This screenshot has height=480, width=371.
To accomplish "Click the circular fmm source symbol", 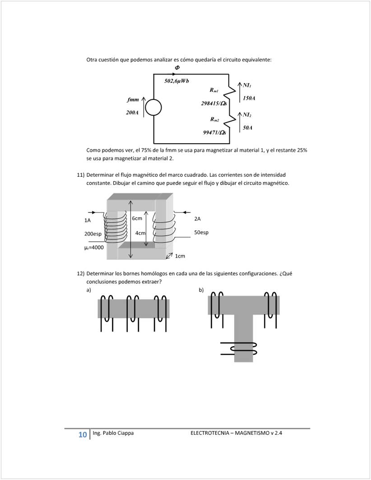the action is click(153, 108).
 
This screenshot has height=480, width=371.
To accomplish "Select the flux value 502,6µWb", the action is click(176, 81).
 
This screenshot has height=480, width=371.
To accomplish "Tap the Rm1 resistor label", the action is click(214, 90).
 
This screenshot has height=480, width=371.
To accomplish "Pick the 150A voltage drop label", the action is click(249, 98).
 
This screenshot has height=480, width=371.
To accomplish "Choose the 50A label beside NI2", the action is click(247, 127).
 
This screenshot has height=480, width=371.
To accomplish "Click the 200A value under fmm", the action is click(132, 113).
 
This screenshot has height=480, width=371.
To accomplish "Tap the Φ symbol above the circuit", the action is click(177, 67).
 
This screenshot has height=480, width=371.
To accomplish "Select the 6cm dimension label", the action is click(137, 218).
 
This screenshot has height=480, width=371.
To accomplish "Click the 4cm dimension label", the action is click(140, 233).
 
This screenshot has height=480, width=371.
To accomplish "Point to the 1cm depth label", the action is click(180, 256).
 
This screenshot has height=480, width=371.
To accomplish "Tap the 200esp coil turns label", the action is click(93, 234).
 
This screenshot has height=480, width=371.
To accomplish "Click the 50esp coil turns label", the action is click(201, 232).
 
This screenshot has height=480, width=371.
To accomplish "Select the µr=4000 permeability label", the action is click(94, 247).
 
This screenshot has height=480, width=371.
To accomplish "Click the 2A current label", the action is click(197, 219).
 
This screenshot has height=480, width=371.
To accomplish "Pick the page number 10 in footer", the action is click(83, 435).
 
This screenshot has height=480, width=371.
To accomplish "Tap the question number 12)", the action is click(80, 273).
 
